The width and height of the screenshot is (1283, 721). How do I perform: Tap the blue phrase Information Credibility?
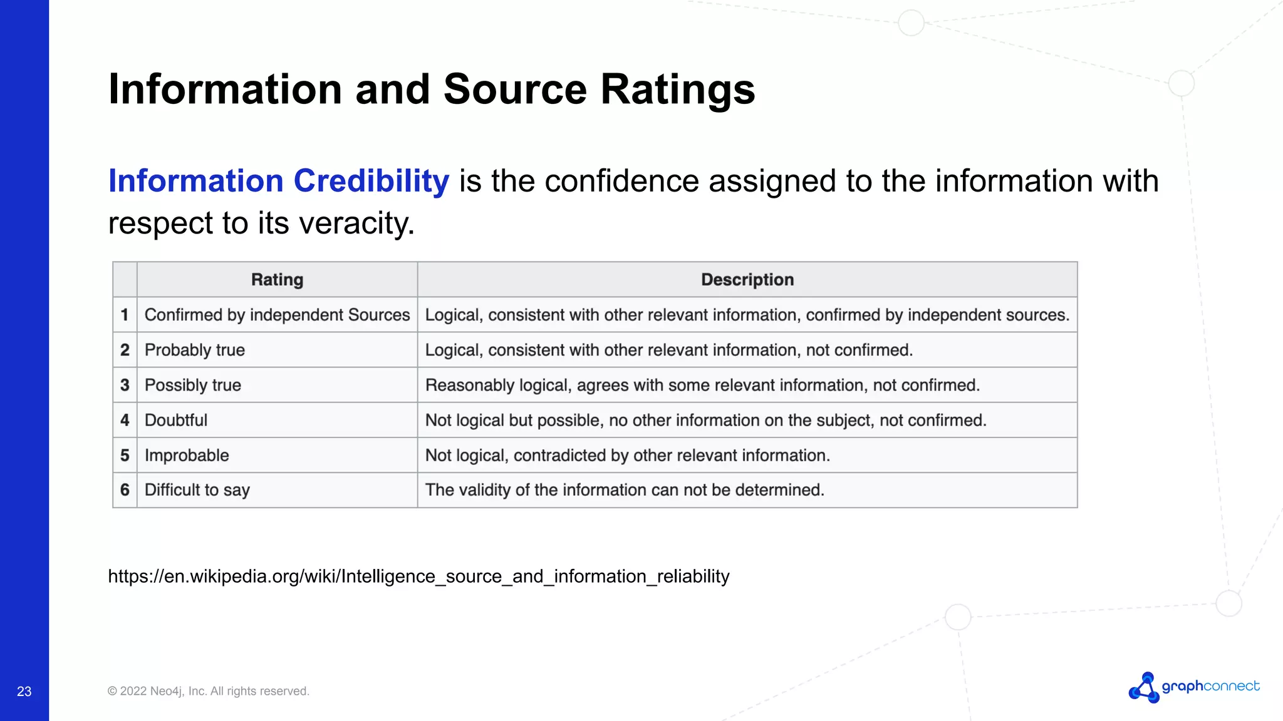click(x=279, y=181)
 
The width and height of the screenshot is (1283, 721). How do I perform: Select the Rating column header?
click(x=277, y=280)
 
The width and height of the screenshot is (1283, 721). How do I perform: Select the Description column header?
click(x=747, y=280)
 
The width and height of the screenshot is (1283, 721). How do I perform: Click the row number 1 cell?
click(x=125, y=315)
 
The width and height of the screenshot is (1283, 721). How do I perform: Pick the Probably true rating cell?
click(x=195, y=350)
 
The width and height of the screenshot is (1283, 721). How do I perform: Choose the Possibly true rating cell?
click(x=193, y=385)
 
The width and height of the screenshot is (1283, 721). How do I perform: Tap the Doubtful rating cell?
click(x=176, y=420)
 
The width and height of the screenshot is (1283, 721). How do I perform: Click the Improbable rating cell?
click(x=187, y=455)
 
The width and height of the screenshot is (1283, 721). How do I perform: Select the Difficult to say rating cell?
click(x=197, y=490)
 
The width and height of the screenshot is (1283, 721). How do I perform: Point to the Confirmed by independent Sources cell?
click(x=277, y=315)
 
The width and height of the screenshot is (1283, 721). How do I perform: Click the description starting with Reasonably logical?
click(x=702, y=385)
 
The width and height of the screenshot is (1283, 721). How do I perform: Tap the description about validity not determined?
click(x=625, y=490)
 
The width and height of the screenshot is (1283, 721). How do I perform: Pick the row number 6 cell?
click(x=125, y=490)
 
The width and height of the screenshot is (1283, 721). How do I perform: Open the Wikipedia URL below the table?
click(x=418, y=576)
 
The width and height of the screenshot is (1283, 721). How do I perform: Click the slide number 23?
click(x=24, y=691)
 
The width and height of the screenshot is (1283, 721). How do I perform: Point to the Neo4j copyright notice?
click(x=209, y=691)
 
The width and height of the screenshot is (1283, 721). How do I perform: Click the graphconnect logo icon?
click(x=1144, y=687)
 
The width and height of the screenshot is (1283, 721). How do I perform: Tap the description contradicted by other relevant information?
click(x=628, y=455)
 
